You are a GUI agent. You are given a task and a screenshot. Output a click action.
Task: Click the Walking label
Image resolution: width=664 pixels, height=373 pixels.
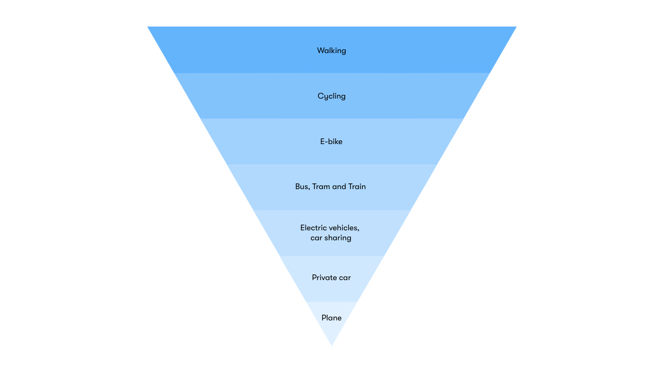pos(332,50)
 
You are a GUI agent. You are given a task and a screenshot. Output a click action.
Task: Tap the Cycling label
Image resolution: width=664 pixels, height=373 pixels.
pos(332,96)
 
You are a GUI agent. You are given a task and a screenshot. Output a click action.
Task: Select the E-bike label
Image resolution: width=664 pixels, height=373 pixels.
pos(331,141)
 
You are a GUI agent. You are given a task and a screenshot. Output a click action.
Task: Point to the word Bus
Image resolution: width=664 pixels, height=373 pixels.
pos(302,187)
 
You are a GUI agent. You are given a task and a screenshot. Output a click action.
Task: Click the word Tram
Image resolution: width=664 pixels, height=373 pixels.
pos(321,187)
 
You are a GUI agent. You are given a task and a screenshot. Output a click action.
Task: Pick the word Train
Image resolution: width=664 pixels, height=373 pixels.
pos(357,187)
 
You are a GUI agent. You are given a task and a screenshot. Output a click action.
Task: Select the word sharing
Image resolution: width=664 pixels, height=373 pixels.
pos(338,238)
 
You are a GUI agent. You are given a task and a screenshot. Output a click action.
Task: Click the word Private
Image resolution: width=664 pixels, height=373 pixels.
pos(323,278)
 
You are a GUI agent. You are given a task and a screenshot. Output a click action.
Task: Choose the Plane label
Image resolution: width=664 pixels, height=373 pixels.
pos(332,318)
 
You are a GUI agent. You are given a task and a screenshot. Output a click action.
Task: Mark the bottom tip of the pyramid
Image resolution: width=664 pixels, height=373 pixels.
pos(332,346)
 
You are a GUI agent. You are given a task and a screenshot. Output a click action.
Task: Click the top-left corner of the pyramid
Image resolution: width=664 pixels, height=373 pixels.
pos(148,27)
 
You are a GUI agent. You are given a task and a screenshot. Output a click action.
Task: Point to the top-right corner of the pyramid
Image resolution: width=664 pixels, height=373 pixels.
pos(516,27)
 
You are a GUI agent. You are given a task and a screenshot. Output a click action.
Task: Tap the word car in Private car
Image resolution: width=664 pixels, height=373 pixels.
pos(344,278)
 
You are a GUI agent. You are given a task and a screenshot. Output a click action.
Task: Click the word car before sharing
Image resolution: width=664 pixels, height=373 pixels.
pos(316,238)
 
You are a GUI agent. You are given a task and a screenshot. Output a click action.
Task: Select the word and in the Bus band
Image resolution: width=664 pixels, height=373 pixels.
pos(339,187)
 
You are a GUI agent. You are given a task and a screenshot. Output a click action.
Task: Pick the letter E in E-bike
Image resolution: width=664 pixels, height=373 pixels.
pos(323,141)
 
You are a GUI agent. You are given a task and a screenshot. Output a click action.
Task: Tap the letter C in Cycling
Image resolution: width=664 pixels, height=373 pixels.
pos(321,96)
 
